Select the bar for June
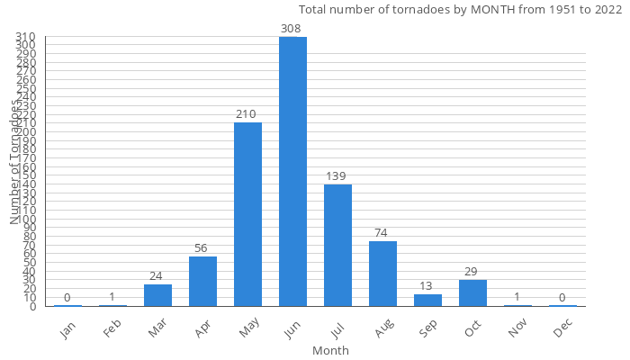pyautogui.click(x=292, y=171)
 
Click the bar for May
pyautogui.click(x=247, y=214)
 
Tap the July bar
pyautogui.click(x=337, y=245)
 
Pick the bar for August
pyautogui.click(x=382, y=274)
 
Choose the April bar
pyautogui.click(x=202, y=282)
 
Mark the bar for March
pyautogui.click(x=157, y=295)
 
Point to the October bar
pyautogui.click(x=472, y=293)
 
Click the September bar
pyautogui.click(x=427, y=301)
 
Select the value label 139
pyautogui.click(x=336, y=176)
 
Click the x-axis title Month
pyautogui.click(x=330, y=350)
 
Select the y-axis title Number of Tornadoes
pyautogui.click(x=15, y=162)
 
